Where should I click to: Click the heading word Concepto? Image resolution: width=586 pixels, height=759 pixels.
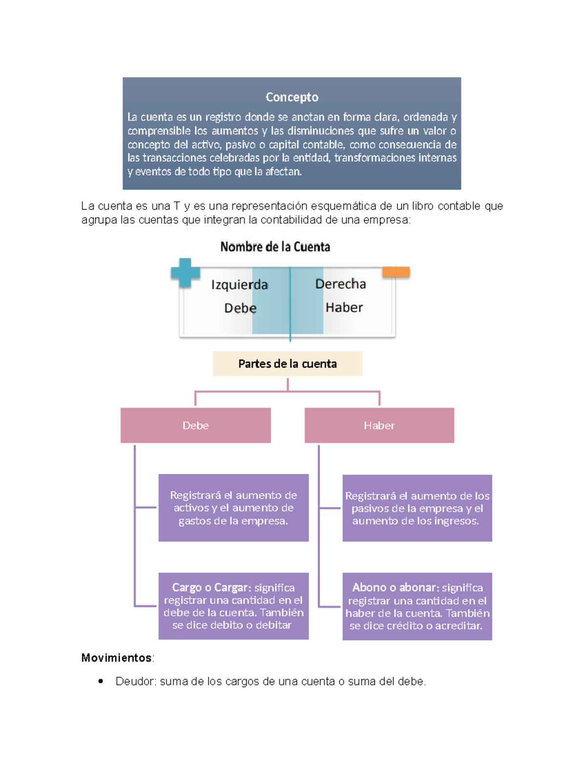click(292, 97)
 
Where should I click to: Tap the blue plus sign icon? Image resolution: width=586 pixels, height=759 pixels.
click(185, 272)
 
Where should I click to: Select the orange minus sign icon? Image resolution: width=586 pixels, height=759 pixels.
click(396, 272)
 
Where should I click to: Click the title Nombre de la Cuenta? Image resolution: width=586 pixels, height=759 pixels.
click(275, 247)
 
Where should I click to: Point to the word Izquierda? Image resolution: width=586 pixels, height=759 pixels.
click(239, 284)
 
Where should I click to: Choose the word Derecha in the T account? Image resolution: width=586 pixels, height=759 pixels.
click(340, 284)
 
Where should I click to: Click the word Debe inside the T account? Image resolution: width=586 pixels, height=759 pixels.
click(240, 308)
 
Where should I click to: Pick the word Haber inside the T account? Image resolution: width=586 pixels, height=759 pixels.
click(344, 307)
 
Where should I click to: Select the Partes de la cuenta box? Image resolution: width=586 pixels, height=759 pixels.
click(287, 364)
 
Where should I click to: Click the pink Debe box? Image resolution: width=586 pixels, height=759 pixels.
click(195, 425)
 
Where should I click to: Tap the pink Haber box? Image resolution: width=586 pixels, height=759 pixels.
click(379, 425)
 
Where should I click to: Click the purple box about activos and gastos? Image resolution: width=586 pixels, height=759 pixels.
click(233, 508)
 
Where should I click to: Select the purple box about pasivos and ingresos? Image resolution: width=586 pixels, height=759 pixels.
click(417, 508)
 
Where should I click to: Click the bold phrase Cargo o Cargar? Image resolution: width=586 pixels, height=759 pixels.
click(211, 587)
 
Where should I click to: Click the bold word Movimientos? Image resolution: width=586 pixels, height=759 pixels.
click(116, 658)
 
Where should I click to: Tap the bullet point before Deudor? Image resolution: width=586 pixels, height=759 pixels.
click(101, 681)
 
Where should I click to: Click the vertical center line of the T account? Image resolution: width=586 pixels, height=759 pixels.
click(290, 303)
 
